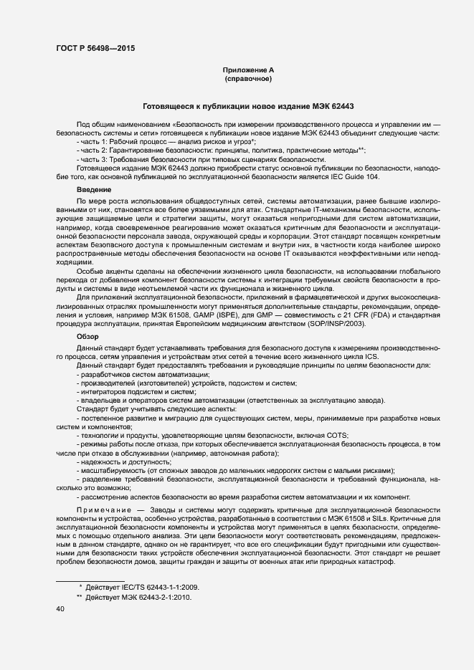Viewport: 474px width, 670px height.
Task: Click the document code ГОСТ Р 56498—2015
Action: click(95, 49)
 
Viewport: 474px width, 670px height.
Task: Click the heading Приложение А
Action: click(248, 70)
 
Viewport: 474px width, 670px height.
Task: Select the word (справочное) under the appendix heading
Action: click(248, 79)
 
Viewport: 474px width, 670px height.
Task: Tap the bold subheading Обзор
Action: click(88, 336)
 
